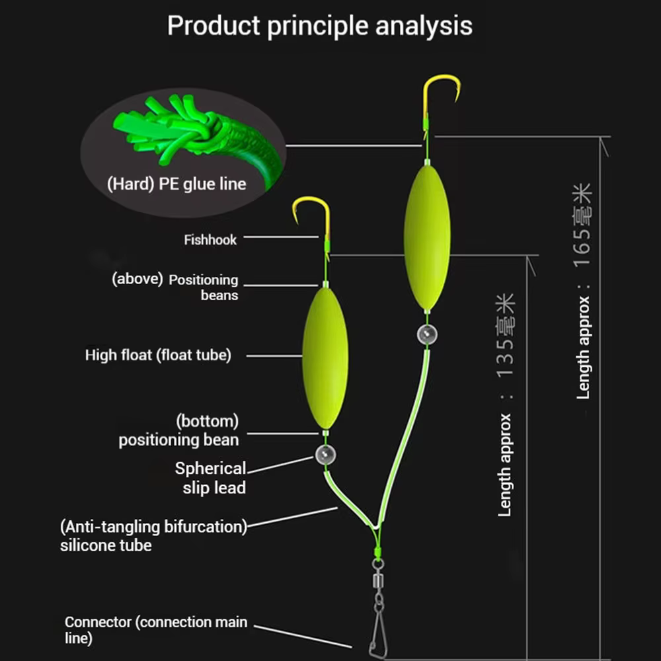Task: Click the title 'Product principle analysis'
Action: coord(320,26)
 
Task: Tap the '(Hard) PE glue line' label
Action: coord(176,184)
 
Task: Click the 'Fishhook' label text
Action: coord(210,240)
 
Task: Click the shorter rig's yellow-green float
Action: coord(325,358)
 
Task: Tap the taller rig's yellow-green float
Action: coord(427,237)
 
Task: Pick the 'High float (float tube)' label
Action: coord(158,355)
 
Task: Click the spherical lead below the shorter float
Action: coord(325,455)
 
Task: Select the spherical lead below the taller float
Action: coord(427,334)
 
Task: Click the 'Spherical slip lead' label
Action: coord(210,478)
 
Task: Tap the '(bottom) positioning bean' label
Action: coord(178,430)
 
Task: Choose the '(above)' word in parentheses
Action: coord(137,279)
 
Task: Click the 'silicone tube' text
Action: coord(106,545)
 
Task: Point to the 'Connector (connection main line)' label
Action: coord(156,630)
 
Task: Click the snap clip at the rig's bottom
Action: coord(379,633)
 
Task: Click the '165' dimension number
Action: coord(582,247)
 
